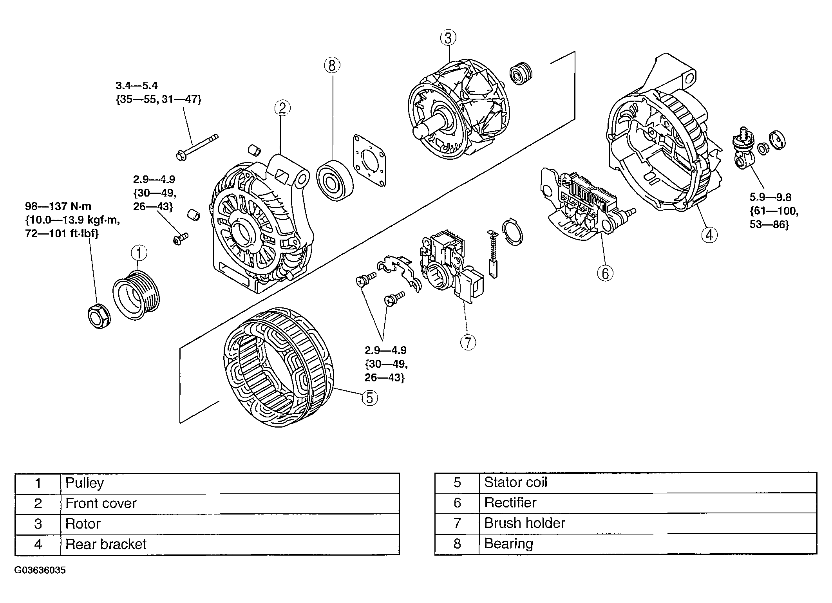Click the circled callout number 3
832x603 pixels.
pos(448,38)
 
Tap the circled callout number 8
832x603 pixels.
pos(332,65)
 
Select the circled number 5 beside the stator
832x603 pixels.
pos(369,398)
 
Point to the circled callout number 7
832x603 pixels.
pos(468,342)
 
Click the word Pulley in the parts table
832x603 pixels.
pos(84,483)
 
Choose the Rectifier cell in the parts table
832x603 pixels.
pos(510,503)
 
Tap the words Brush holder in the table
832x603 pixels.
pos(525,523)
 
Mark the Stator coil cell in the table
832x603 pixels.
pos(515,482)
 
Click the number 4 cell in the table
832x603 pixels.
pos(38,544)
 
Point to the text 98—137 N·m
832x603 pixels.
pos(58,206)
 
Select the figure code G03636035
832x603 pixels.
pos(40,570)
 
